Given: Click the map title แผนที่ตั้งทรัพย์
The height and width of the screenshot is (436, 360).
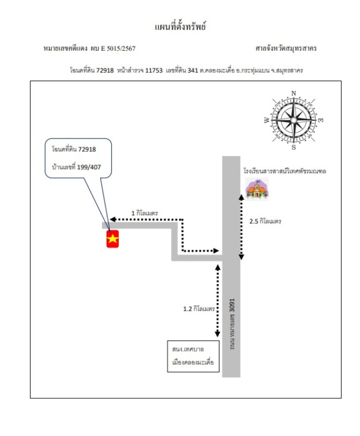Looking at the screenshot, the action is tap(180, 26).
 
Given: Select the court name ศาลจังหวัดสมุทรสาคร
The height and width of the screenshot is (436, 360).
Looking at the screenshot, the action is tap(286, 49).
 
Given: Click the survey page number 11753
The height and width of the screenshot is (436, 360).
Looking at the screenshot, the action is tap(154, 70).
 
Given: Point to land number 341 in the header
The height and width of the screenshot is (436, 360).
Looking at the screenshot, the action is tap(193, 70).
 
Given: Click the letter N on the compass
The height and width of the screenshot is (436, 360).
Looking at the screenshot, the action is tap(294, 93).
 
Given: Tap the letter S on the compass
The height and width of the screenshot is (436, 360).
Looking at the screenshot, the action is tap(294, 147).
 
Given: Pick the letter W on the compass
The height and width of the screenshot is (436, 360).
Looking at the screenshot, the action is tap(267, 120).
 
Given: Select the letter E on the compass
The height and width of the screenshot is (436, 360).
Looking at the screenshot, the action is tap(320, 120).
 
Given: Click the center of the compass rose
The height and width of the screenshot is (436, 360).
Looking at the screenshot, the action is tap(294, 120).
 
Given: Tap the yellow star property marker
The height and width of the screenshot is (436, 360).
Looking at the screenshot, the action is tap(113, 239).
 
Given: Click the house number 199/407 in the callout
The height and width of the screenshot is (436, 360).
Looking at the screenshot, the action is tap(89, 167).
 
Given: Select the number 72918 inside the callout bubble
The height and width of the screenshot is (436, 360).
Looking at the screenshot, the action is tap(87, 149).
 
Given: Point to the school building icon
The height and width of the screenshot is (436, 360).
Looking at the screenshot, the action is tap(257, 189).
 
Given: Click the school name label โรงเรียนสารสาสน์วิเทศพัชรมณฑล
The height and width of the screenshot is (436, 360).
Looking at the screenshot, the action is tap(285, 171).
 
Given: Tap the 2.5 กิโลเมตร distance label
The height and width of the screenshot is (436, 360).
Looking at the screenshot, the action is tap(265, 221).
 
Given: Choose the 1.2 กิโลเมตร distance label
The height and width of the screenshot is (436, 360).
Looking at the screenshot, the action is tap(199, 308).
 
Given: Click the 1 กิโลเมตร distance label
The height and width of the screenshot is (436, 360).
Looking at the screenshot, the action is tap(144, 213).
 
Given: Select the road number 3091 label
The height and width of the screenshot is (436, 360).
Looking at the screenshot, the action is tap(232, 305).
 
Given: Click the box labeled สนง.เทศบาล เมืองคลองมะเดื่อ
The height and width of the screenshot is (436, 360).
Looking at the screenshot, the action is tap(193, 356).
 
